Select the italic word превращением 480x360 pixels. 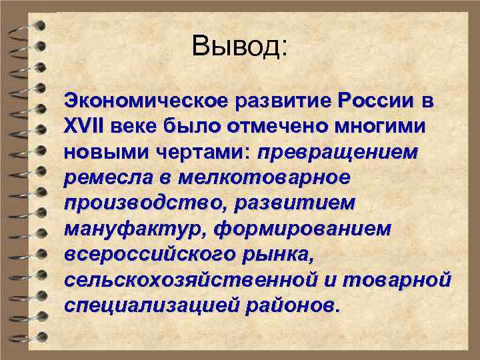coord(338,153)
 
